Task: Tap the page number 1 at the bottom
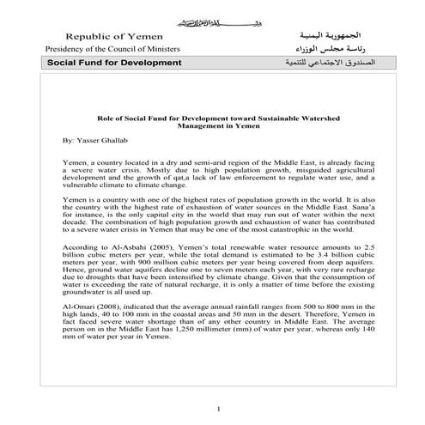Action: click(x=220, y=408)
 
